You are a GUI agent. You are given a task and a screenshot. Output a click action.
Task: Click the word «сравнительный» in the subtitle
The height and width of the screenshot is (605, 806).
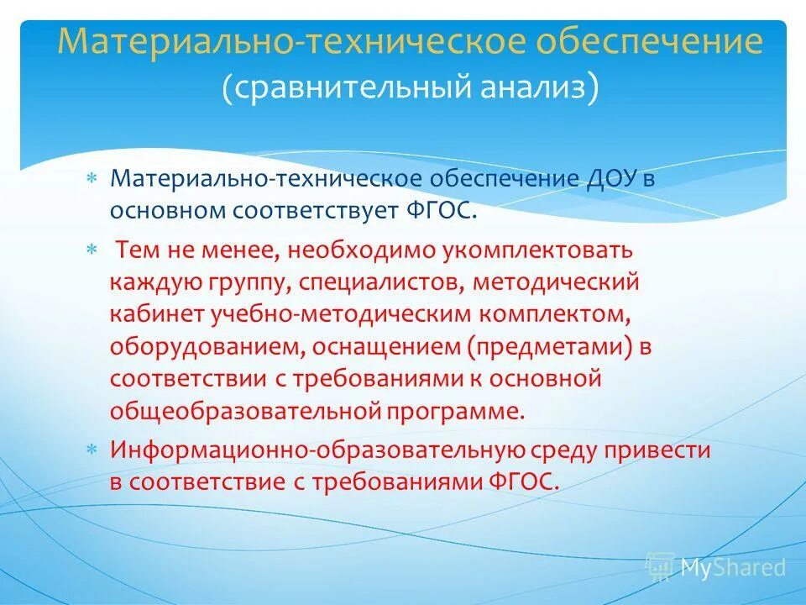point(350,88)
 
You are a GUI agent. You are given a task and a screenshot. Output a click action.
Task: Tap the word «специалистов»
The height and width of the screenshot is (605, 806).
point(378,282)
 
